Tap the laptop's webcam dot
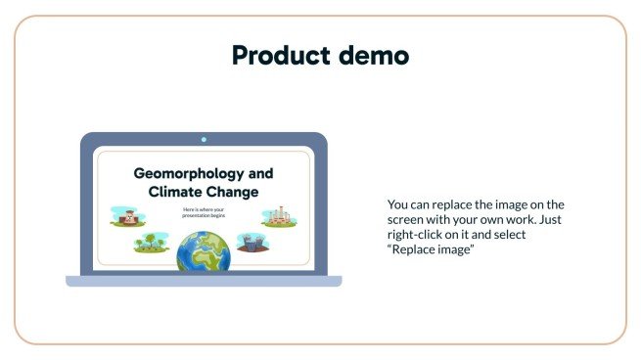pyautogui.click(x=204, y=140)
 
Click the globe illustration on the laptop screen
pyautogui.click(x=204, y=250)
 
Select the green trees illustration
pyautogui.click(x=150, y=241)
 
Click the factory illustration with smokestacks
pyautogui.click(x=279, y=216)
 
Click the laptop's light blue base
pyautogui.click(x=204, y=282)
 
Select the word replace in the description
pyautogui.click(x=447, y=204)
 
